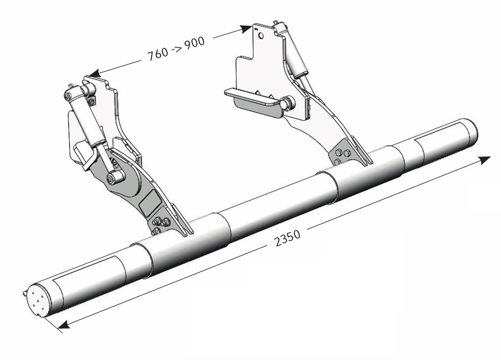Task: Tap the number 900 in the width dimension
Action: click(x=194, y=42)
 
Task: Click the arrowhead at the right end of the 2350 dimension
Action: click(x=484, y=161)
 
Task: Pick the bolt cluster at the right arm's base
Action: click(x=342, y=156)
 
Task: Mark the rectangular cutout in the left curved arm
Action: click(x=148, y=200)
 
